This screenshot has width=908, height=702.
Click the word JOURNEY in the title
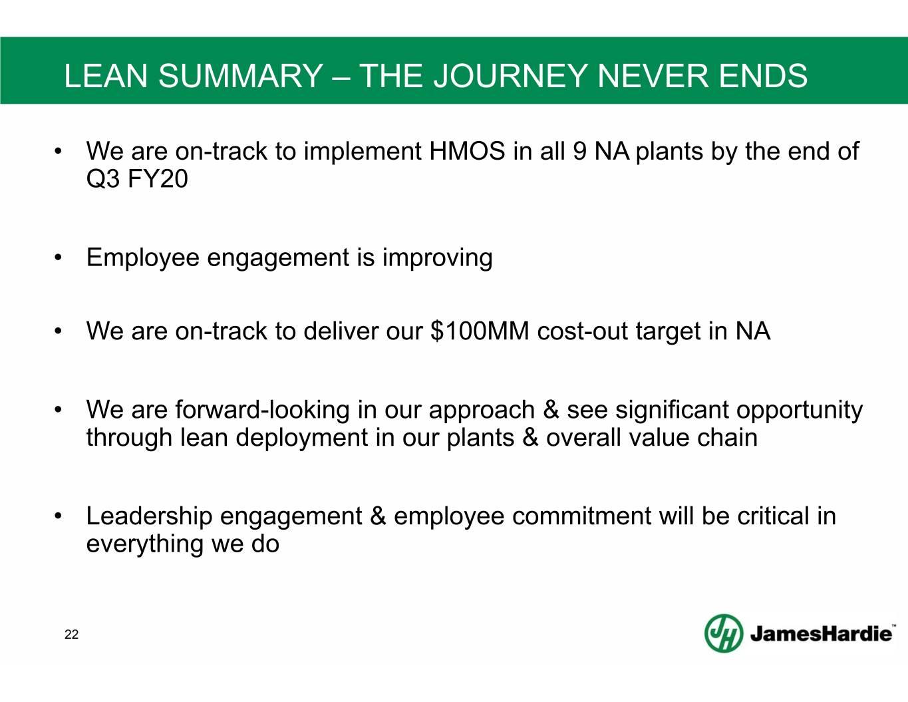(x=511, y=76)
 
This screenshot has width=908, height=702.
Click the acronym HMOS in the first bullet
(x=467, y=150)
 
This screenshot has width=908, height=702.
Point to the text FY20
(x=158, y=179)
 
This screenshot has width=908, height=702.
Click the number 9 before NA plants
(x=579, y=150)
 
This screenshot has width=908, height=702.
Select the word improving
(x=438, y=258)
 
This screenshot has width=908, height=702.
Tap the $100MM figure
(x=480, y=331)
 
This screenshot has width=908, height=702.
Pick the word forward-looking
(x=262, y=409)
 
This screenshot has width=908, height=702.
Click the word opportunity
(x=800, y=411)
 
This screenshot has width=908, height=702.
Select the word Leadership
(x=149, y=517)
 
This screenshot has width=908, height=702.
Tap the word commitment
(x=581, y=516)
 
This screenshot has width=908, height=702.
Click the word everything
(x=144, y=545)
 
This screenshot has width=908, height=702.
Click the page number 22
(x=71, y=635)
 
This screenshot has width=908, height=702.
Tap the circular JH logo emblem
(x=724, y=633)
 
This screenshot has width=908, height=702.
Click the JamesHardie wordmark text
(x=821, y=634)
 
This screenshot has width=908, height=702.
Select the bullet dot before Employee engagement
(x=58, y=258)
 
